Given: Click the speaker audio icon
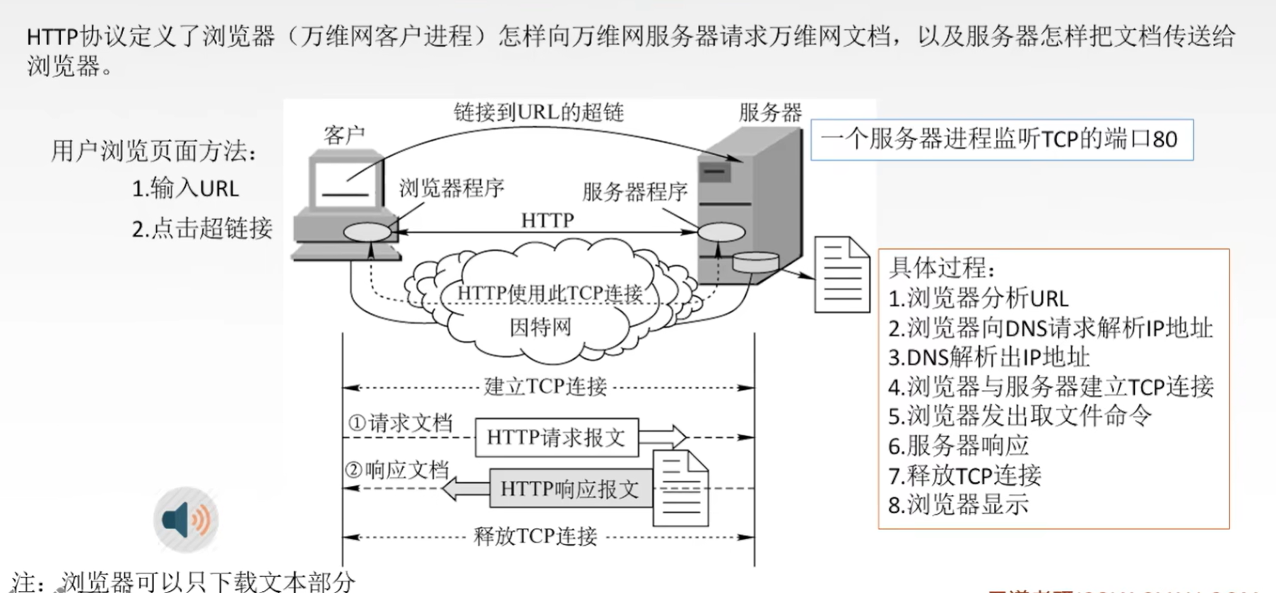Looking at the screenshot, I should (x=186, y=519).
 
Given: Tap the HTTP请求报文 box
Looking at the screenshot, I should (x=556, y=437).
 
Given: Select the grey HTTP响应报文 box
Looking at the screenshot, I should (x=570, y=489).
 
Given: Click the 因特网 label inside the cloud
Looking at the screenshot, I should (x=540, y=327).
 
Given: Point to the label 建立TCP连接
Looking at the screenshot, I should (x=545, y=387).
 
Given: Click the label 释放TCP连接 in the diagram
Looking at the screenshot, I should (x=535, y=537).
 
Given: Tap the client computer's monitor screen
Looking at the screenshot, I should (x=346, y=184).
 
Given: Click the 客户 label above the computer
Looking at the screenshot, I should (x=345, y=135).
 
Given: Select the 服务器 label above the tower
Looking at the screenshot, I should (x=770, y=113).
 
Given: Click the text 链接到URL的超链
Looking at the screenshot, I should (x=538, y=112).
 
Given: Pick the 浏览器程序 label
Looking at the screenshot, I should (x=452, y=188).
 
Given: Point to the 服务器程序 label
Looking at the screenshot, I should (x=634, y=192).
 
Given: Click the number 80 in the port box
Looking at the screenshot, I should (x=1165, y=139).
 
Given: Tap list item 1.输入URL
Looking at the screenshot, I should (x=185, y=189).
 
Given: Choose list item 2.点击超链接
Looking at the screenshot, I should (x=202, y=228).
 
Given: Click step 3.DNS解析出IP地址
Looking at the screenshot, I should (x=988, y=357).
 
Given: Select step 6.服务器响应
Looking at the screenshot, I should (x=958, y=446).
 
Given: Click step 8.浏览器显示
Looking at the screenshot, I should (x=958, y=505).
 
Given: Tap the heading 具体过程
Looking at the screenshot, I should (x=941, y=268).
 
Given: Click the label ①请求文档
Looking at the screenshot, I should (x=400, y=423).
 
